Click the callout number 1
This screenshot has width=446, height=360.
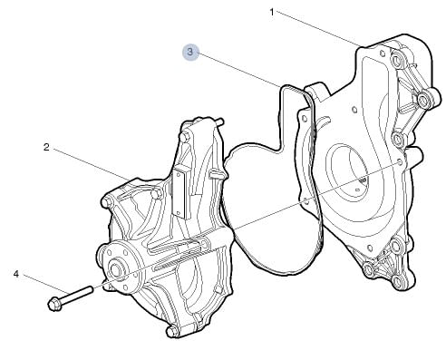[x=272, y=13]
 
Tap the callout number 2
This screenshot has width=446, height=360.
[x=46, y=147]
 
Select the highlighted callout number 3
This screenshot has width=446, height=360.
[x=190, y=52]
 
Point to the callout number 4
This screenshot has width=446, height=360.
[x=16, y=274]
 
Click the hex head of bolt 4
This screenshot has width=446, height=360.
[x=54, y=304]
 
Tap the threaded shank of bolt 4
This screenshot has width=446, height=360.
[x=77, y=295]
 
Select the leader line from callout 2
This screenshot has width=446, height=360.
[x=90, y=164]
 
